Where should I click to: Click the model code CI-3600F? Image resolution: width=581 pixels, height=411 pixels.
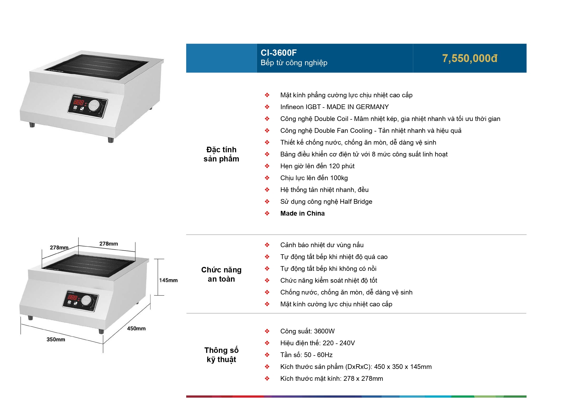(279, 53)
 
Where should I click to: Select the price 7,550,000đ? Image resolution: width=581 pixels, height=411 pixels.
(469, 58)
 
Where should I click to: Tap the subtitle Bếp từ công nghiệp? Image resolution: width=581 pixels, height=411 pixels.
(294, 63)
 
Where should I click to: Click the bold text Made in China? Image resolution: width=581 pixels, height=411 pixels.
(302, 214)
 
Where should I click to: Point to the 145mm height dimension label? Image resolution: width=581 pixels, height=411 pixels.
(168, 280)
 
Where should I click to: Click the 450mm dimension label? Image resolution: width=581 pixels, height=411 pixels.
(136, 328)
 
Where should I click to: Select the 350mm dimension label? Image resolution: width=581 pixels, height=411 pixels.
(56, 339)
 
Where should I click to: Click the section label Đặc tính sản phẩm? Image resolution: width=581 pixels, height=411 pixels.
(221, 154)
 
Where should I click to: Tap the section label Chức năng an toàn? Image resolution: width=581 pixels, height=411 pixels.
(221, 274)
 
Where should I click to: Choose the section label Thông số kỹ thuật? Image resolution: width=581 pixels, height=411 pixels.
(221, 355)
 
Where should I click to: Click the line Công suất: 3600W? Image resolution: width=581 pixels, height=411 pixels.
(307, 331)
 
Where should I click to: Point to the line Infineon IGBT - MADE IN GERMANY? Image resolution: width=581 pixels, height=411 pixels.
(334, 107)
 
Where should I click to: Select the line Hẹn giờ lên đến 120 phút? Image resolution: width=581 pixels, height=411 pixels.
(317, 166)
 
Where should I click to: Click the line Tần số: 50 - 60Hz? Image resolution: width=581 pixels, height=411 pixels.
(306, 355)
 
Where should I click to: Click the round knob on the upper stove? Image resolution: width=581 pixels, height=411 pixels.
(94, 106)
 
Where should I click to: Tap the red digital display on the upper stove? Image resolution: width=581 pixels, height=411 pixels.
(78, 102)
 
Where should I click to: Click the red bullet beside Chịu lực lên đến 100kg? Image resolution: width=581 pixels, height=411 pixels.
(267, 178)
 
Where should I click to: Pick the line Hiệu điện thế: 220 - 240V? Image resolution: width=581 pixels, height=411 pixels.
(317, 343)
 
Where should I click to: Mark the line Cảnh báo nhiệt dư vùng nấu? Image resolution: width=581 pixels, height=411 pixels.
(322, 245)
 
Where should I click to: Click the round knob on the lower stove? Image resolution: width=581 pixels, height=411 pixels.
(86, 300)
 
